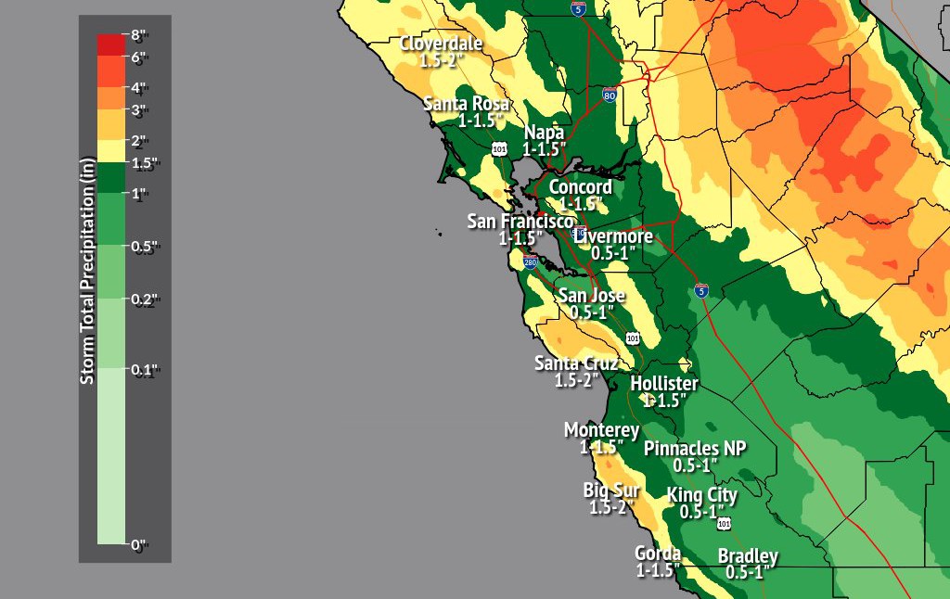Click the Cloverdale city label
tap(441, 44)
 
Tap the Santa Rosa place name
tap(467, 104)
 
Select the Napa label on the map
tap(544, 133)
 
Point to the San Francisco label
tap(520, 222)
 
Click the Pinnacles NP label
tap(695, 449)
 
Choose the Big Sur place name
tap(611, 491)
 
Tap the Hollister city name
tap(664, 384)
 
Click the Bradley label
tap(748, 556)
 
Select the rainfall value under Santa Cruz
tap(576, 380)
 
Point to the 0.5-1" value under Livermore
tap(612, 253)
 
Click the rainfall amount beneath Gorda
tap(658, 571)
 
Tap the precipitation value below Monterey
tap(601, 447)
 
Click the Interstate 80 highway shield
tap(609, 96)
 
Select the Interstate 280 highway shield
tap(530, 262)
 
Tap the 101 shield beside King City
tap(724, 524)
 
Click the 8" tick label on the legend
tap(139, 36)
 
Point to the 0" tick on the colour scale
tap(139, 544)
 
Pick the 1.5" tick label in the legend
tap(143, 163)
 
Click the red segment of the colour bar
tap(111, 45)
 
